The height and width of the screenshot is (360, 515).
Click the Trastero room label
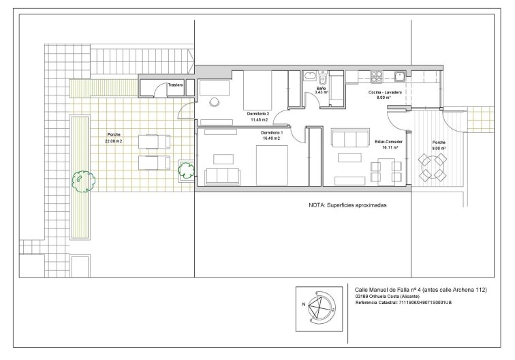pos(175,85)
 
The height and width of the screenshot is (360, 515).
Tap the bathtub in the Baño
pos(309,76)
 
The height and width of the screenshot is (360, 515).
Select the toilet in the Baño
pos(322,78)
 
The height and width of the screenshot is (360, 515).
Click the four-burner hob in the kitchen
pos(377,76)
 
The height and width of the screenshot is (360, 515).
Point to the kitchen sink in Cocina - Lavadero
pos(400,76)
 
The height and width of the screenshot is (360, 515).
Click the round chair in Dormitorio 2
pos(214,102)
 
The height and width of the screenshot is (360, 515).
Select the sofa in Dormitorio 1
pos(222,177)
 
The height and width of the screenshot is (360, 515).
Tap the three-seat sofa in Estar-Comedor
pos(349,138)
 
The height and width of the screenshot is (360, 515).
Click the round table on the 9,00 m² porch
pos(432,168)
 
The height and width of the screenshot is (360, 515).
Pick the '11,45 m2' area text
pos(259,120)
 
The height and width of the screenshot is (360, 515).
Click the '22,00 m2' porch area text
pos(114,140)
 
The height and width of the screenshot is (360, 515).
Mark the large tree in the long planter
pos(84,181)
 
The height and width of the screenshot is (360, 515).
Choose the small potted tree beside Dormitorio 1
pos(186,170)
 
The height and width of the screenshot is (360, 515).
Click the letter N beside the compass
pos(304,305)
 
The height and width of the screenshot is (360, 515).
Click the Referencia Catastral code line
pos(403,303)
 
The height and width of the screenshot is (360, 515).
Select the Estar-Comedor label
pos(388,142)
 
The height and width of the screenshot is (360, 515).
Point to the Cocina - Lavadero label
pos(385,93)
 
